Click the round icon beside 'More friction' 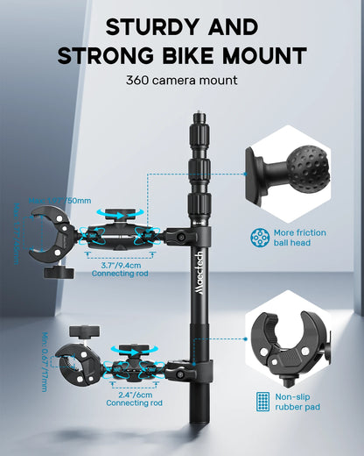260,237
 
